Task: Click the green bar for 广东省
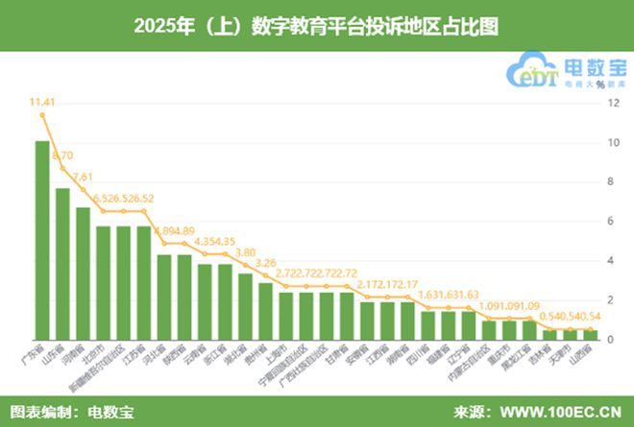pyautogui.click(x=42, y=240)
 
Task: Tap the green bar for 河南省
pyautogui.click(x=83, y=273)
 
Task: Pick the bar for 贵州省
pyautogui.click(x=265, y=310)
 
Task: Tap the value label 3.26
pyautogui.click(x=266, y=262)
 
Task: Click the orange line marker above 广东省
pyautogui.click(x=42, y=115)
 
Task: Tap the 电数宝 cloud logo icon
pyautogui.click(x=538, y=72)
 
